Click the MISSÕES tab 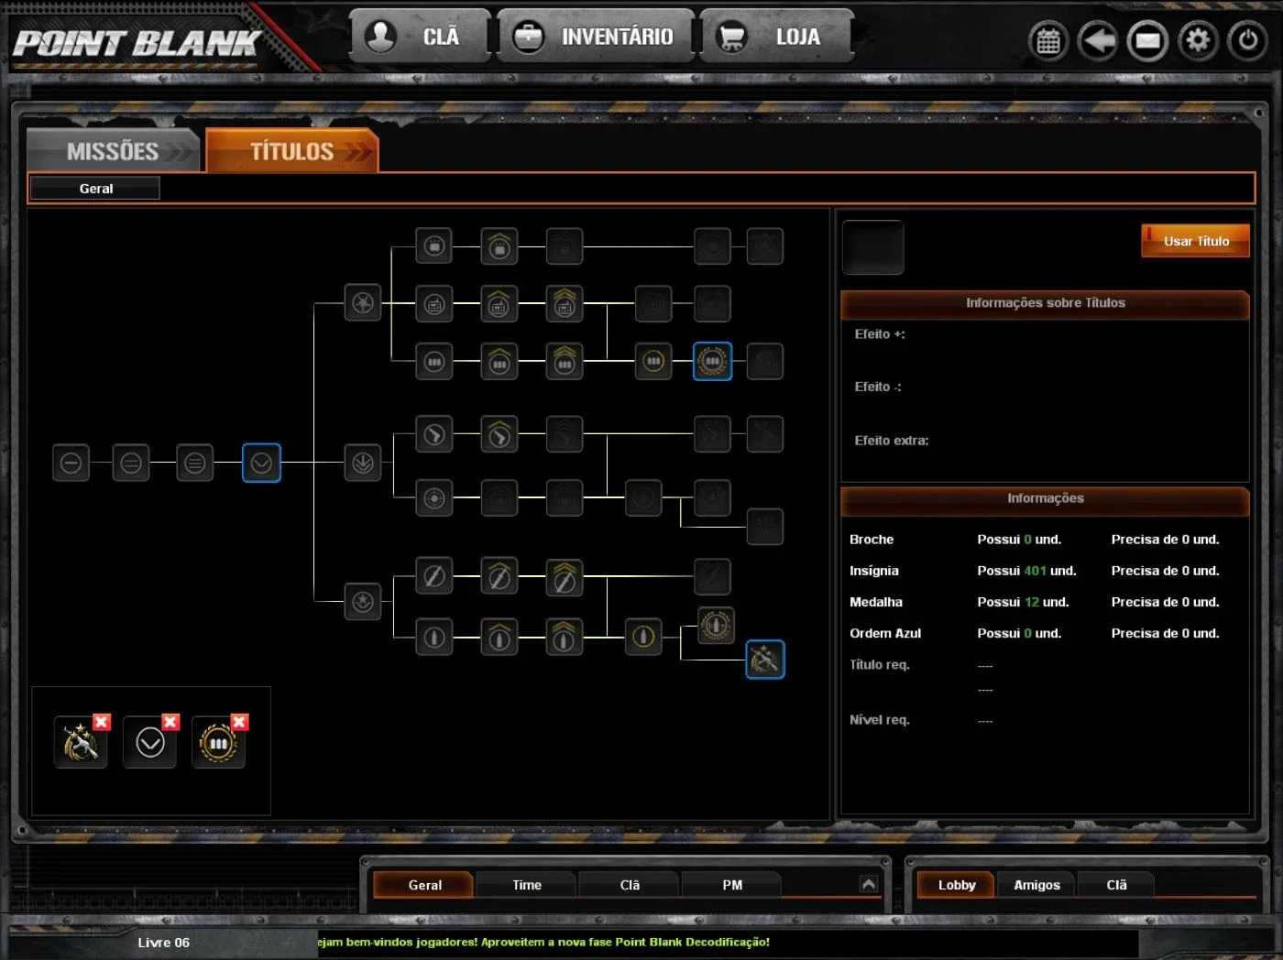[x=113, y=151]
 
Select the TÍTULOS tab [x=292, y=151]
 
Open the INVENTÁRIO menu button [x=595, y=37]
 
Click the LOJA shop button [x=777, y=37]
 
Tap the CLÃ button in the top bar [x=419, y=37]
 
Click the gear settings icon [x=1198, y=40]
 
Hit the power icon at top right [x=1247, y=40]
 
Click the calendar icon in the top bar [x=1048, y=40]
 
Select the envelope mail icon [x=1148, y=40]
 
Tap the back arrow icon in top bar [x=1098, y=40]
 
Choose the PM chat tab [x=732, y=885]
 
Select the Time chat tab [x=527, y=885]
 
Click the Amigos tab [x=1036, y=885]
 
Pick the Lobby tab [x=956, y=885]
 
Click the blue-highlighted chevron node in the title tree [x=261, y=463]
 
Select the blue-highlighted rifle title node [x=765, y=660]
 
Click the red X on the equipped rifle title [x=102, y=722]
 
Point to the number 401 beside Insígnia [x=1035, y=571]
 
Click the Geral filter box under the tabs [x=95, y=188]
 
